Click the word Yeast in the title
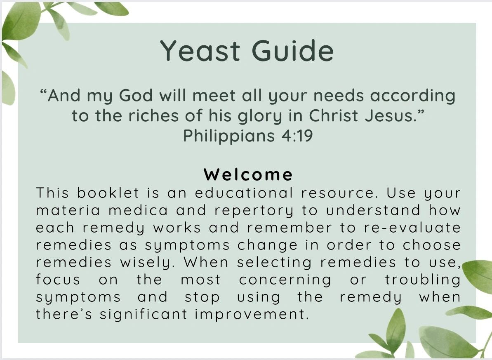pyautogui.click(x=200, y=51)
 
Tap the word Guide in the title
pyautogui.click(x=292, y=50)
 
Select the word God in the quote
pyautogui.click(x=136, y=95)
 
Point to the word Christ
pyautogui.click(x=333, y=115)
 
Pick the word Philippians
pyautogui.click(x=229, y=136)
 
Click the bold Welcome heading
pyautogui.click(x=248, y=174)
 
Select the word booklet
pyautogui.click(x=108, y=193)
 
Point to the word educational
pyautogui.click(x=244, y=193)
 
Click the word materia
pyautogui.click(x=68, y=210)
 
